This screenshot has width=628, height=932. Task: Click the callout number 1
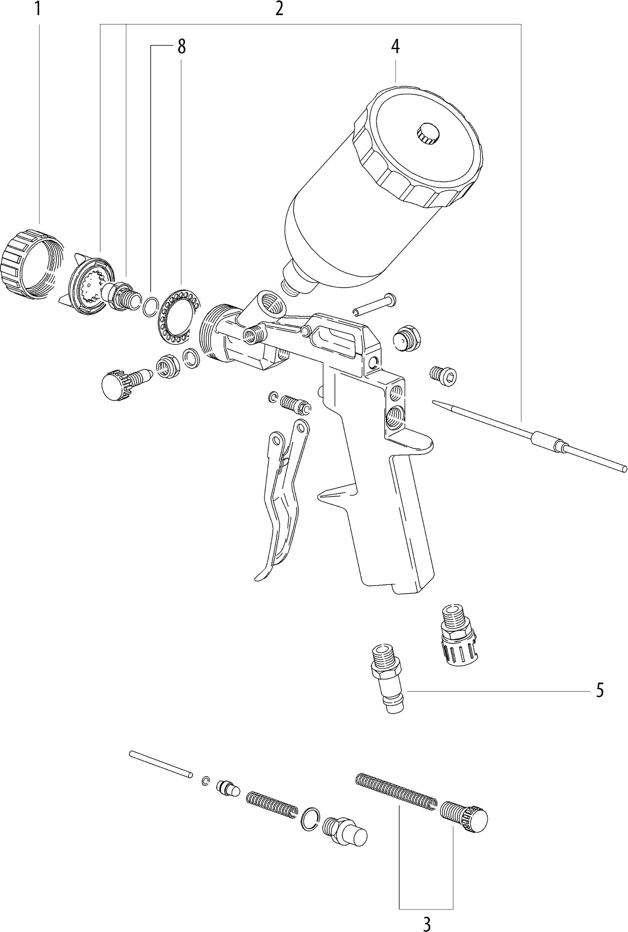(38, 8)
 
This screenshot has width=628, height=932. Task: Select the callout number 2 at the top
(279, 9)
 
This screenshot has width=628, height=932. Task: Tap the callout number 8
(181, 47)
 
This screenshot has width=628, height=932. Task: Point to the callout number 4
(395, 47)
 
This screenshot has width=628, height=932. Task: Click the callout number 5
(600, 690)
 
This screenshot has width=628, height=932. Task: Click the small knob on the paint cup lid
(428, 134)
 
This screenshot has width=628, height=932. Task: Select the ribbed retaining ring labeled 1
(32, 264)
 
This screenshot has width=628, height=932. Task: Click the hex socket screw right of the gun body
(443, 376)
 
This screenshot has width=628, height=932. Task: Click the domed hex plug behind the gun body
(407, 338)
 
